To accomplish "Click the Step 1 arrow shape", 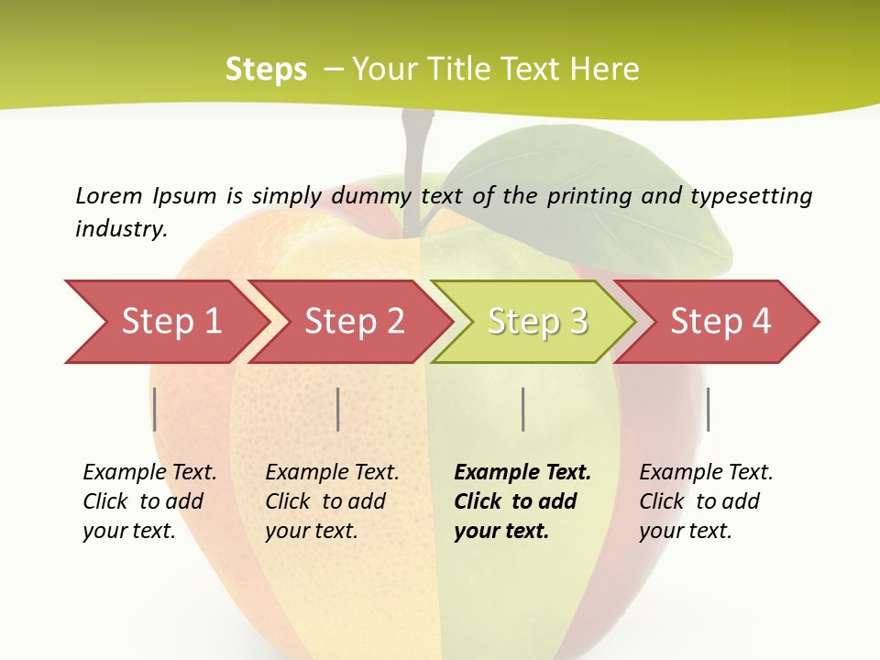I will (165, 322).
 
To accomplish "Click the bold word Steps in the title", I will (266, 69).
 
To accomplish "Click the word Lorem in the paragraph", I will (109, 195).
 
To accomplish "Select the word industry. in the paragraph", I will (121, 229).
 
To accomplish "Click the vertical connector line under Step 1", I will (155, 409).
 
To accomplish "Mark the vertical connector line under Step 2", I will (338, 409).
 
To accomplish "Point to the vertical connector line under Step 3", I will (522, 409).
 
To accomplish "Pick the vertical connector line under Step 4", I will (708, 409).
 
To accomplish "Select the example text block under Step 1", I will (148, 501).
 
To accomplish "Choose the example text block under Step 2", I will (331, 501).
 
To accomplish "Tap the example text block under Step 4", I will (705, 501).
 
